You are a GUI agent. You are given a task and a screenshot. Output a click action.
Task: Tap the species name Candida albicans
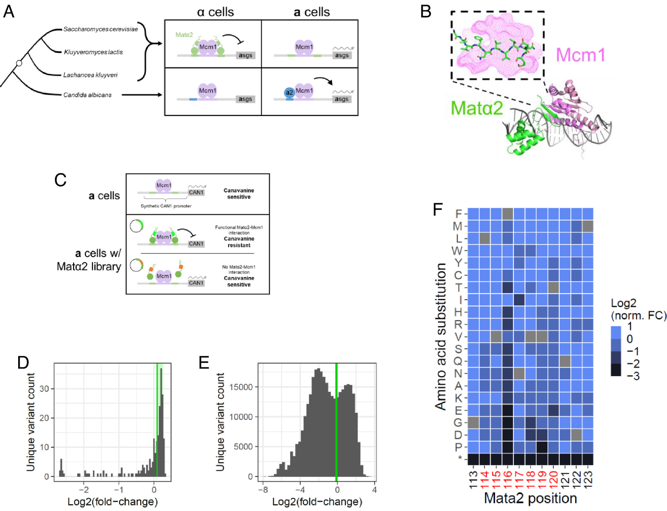[87, 95]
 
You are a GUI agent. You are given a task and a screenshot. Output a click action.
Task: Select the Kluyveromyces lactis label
[93, 52]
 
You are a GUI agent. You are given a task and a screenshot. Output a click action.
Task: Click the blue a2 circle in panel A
[289, 93]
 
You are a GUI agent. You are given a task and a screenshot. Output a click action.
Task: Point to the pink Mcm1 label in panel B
[580, 55]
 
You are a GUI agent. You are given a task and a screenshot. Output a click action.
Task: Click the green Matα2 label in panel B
[477, 108]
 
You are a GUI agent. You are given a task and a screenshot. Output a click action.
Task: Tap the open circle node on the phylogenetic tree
[19, 63]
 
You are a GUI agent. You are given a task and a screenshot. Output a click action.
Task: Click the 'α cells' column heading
[215, 12]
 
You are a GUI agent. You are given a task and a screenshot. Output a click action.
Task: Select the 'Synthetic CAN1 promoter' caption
[166, 206]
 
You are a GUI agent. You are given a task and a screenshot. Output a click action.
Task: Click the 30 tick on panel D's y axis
[44, 388]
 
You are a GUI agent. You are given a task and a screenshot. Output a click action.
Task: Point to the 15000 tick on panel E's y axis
[241, 387]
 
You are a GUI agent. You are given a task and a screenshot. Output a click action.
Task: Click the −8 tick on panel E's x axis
[263, 490]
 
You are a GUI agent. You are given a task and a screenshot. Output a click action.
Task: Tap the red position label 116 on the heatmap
[508, 480]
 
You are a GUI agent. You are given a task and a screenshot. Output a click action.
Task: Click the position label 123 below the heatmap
[588, 480]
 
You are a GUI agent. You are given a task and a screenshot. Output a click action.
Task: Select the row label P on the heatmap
[458, 447]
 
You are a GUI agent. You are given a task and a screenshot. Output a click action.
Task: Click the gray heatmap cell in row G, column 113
[473, 423]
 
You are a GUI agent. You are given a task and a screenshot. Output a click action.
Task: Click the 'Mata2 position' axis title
[530, 498]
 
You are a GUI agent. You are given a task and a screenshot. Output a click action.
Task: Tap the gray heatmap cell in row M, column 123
[588, 226]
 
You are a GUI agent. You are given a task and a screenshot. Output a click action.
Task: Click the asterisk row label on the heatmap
[460, 459]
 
